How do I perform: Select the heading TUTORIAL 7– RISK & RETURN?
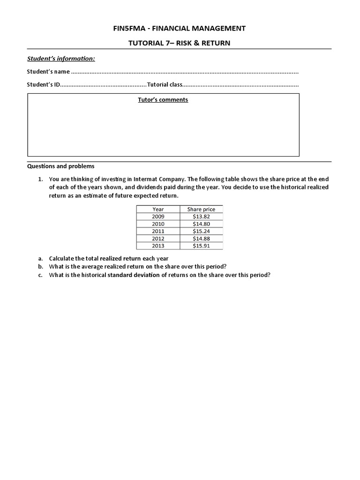point(180,43)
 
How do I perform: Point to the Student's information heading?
point(60,59)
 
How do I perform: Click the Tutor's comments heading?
point(163,100)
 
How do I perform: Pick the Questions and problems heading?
point(60,166)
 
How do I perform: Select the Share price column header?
point(201,209)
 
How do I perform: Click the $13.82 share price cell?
point(201,217)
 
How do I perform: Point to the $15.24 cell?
point(201,231)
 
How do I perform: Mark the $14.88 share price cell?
point(201,239)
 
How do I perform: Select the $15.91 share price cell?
point(201,246)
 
